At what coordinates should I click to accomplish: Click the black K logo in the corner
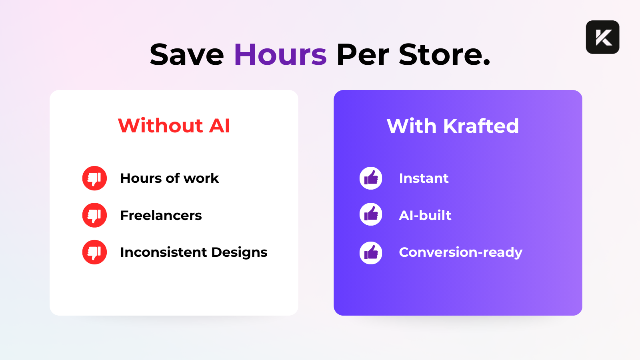(x=602, y=37)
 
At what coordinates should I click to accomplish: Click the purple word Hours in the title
(x=280, y=54)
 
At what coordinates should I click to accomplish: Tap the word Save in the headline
(x=186, y=54)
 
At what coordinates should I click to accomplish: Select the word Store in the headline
(x=444, y=54)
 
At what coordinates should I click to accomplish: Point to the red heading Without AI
(x=174, y=126)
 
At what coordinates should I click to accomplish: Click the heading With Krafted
(x=452, y=126)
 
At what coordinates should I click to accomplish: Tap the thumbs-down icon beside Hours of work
(x=94, y=178)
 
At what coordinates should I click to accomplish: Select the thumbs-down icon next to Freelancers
(x=94, y=215)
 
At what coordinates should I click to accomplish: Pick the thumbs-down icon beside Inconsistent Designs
(x=94, y=252)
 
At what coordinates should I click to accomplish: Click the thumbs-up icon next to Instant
(x=371, y=178)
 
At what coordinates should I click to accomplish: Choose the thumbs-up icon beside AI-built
(x=371, y=214)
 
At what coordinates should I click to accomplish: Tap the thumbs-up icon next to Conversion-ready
(x=371, y=253)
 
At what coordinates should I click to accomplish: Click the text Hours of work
(x=170, y=178)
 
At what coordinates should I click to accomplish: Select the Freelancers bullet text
(x=161, y=215)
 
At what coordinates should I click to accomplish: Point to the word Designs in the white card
(x=240, y=253)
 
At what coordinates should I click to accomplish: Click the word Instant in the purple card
(x=424, y=178)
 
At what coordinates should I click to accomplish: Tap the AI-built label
(x=425, y=215)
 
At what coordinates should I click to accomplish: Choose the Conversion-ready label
(x=460, y=252)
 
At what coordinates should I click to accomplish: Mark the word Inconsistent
(x=164, y=252)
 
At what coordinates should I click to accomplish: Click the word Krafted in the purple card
(x=481, y=126)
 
